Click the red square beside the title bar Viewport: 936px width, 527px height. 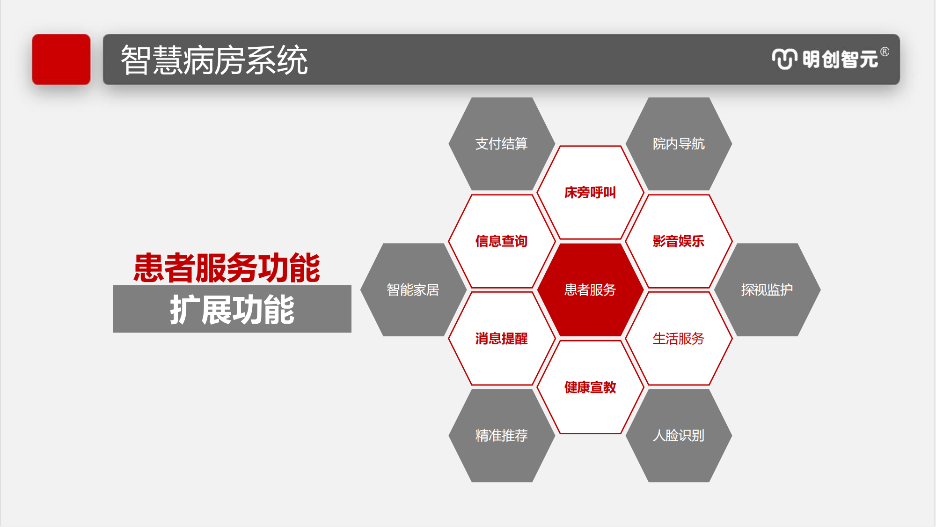click(61, 59)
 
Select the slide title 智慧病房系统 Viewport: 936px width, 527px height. click(214, 60)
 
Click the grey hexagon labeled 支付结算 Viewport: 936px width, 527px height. click(502, 144)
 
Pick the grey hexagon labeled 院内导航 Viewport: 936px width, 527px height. click(679, 144)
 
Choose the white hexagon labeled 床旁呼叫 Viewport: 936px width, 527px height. click(590, 193)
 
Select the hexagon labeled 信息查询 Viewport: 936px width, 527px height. click(502, 241)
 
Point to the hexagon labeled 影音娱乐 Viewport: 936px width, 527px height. click(679, 241)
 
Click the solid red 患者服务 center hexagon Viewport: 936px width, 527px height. click(590, 290)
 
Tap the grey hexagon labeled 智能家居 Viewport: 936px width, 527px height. click(413, 290)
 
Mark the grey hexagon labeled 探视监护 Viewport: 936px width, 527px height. click(767, 290)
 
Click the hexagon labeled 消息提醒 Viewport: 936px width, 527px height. click(502, 339)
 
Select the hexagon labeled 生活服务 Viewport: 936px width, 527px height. click(679, 339)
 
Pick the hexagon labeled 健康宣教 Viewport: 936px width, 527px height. click(590, 387)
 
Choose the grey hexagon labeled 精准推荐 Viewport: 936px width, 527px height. click(502, 436)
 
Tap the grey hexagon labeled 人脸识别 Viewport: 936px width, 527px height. click(679, 436)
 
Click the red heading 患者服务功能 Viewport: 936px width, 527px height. click(227, 268)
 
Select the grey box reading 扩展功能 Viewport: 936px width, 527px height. click(232, 309)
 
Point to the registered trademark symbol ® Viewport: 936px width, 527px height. click(885, 52)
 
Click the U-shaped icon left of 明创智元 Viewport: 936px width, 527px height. click(784, 59)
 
